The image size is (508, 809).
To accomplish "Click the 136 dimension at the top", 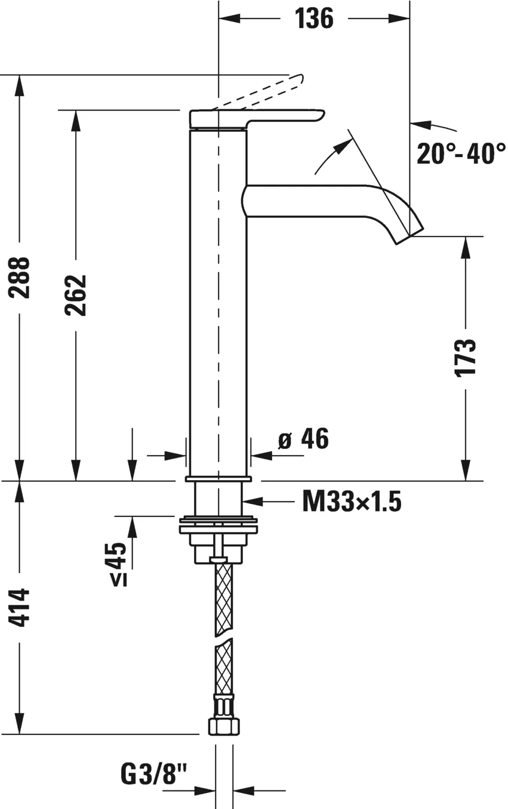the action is click(x=314, y=19).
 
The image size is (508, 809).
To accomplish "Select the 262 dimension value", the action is click(x=76, y=295).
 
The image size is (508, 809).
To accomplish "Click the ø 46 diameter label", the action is click(x=304, y=439).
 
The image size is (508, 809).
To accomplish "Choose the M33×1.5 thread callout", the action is click(x=352, y=502).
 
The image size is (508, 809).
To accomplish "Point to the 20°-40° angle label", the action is click(x=461, y=153).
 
